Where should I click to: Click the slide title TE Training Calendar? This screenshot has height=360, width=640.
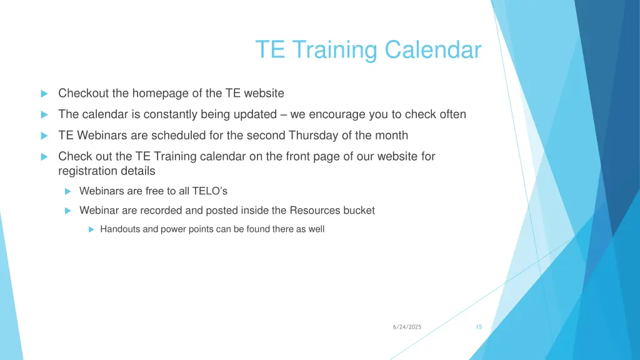(368, 49)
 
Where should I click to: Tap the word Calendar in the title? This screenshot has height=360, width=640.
(433, 49)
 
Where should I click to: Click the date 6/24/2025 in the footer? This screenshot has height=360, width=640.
(407, 327)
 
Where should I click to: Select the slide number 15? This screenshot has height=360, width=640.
(479, 327)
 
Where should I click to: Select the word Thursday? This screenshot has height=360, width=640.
(314, 136)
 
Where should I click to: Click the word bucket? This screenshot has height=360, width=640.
(359, 211)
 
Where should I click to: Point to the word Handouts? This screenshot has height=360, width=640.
(120, 229)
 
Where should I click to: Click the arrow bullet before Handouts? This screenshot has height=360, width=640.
(91, 229)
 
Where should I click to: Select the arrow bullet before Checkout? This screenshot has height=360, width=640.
(44, 94)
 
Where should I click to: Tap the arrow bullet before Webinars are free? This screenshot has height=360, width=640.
(69, 191)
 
